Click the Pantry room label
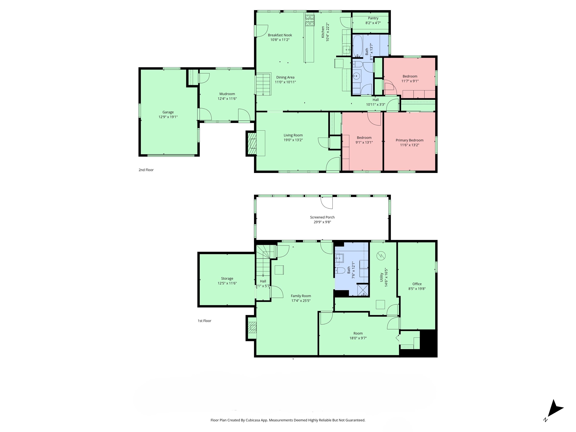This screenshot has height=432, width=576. coord(373,18)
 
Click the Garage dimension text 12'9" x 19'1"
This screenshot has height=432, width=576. coord(168,117)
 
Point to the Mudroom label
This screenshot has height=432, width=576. coord(227,94)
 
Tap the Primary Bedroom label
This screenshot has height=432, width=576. coord(409,140)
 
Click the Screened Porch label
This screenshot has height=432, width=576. coord(322,217)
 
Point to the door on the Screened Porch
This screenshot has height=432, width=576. coord(327,202)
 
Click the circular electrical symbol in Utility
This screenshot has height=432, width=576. coord(381,256)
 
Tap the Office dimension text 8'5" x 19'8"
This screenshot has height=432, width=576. coord(417,289)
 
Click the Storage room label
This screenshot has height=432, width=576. coord(227,278)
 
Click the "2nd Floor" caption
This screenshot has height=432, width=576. coord(146,170)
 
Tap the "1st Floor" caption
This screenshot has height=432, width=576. coord(204,321)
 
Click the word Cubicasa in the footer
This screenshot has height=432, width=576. coord(253,420)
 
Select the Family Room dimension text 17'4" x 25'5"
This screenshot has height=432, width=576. coord(301,301)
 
